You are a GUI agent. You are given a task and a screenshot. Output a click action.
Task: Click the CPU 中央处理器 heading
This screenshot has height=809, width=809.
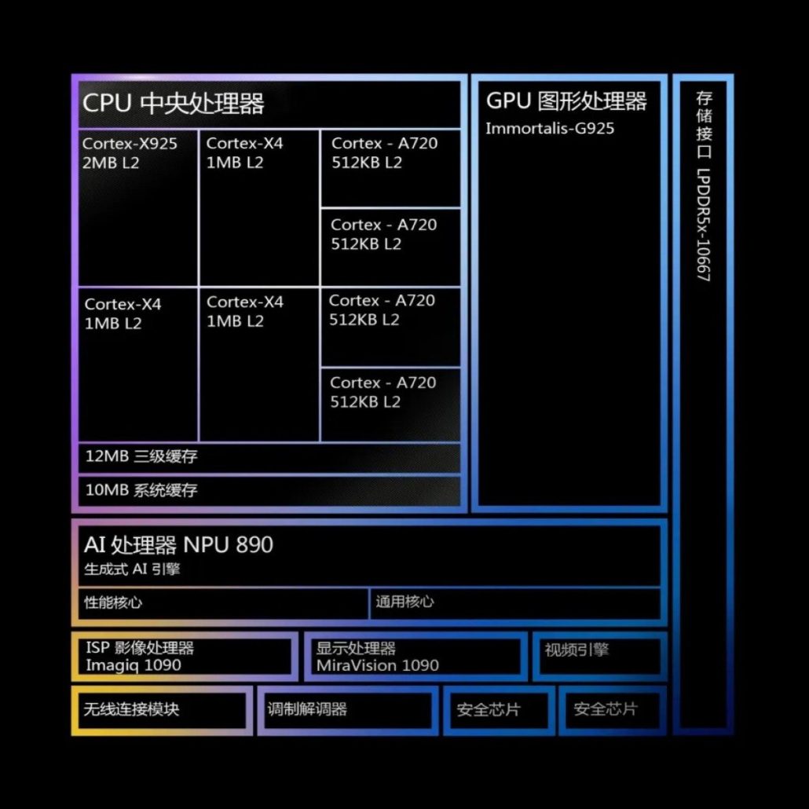173,104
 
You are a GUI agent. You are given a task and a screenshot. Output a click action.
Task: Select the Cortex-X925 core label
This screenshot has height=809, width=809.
130,144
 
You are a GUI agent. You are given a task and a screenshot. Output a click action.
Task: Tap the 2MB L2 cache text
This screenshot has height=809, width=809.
111,163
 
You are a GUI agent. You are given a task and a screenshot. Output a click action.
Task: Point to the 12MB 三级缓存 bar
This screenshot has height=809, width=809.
141,456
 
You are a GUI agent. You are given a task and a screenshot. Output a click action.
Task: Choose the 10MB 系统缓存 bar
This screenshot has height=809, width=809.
141,491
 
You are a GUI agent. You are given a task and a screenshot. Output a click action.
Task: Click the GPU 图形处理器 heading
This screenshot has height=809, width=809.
566,101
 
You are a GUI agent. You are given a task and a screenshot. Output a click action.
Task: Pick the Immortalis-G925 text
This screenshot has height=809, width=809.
550,129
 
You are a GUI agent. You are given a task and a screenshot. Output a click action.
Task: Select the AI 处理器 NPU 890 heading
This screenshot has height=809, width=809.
178,545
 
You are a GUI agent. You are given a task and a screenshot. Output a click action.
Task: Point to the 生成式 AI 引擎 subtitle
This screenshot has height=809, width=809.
132,569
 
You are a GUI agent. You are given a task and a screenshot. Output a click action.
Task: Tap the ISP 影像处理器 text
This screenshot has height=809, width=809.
140,649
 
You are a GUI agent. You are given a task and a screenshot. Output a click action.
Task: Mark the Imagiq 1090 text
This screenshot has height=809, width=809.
134,665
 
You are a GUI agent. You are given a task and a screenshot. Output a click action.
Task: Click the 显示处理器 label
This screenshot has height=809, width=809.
356,649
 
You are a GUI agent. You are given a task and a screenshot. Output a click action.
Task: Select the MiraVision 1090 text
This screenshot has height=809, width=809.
378,665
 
